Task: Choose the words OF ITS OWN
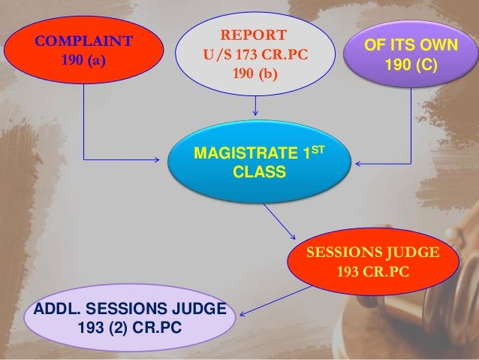pyautogui.click(x=410, y=46)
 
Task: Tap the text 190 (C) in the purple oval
pyautogui.click(x=410, y=65)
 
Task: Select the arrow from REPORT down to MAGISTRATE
pyautogui.click(x=257, y=104)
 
